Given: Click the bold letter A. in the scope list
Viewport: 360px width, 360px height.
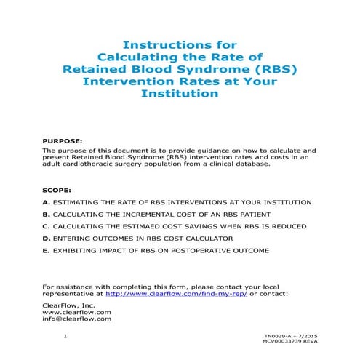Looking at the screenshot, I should tap(47, 201).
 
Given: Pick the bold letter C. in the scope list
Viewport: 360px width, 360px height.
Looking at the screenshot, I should tap(47, 226).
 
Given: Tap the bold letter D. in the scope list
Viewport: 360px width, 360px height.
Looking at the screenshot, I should tap(47, 238).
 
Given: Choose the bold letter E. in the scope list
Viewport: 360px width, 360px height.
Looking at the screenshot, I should tap(47, 250).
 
